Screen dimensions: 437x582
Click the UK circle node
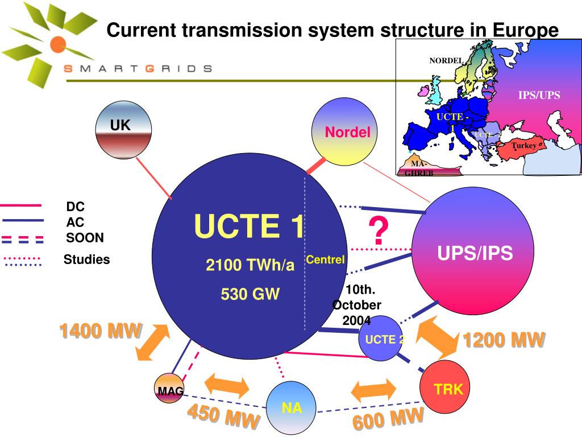tap(123, 130)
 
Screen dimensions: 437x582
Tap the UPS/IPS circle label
tap(475, 253)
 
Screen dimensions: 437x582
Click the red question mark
tap(378, 232)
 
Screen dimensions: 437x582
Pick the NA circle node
tap(292, 407)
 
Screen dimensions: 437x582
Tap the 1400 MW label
tap(101, 331)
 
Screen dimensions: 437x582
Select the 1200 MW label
tap(504, 340)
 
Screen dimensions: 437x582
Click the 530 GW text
tap(250, 294)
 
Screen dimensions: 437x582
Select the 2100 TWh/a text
tap(250, 265)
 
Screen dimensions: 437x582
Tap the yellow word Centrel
tap(325, 259)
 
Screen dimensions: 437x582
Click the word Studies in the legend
tap(86, 259)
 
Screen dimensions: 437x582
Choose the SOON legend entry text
tap(85, 237)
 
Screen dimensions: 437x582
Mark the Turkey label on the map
tap(523, 146)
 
